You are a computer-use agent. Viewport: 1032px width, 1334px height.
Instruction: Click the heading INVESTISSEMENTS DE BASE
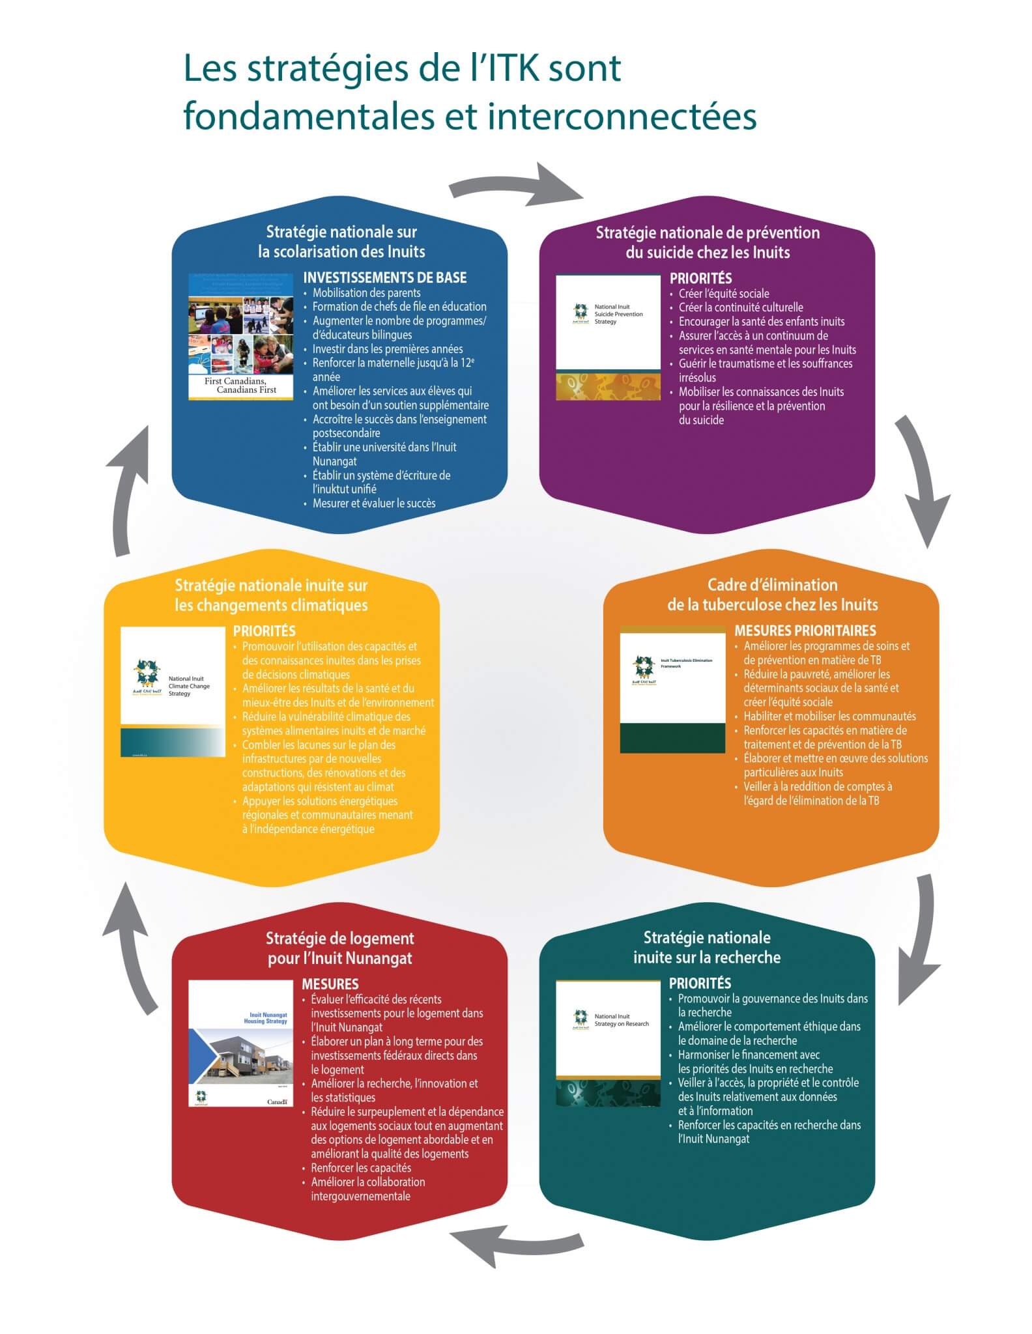click(x=384, y=277)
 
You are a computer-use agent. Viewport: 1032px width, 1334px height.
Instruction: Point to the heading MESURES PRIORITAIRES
click(x=805, y=631)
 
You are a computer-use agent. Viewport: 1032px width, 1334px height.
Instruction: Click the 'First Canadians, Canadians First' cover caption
click(x=240, y=385)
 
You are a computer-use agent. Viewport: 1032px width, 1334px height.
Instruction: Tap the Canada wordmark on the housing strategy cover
click(x=277, y=1101)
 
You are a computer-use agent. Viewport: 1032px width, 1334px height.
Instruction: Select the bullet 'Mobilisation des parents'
click(x=366, y=293)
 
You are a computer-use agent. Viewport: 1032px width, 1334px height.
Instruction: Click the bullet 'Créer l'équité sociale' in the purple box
click(x=723, y=294)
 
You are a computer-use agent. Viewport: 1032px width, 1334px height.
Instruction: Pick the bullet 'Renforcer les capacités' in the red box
click(x=360, y=1168)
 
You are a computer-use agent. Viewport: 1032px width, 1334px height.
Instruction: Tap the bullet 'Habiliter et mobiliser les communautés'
click(x=829, y=717)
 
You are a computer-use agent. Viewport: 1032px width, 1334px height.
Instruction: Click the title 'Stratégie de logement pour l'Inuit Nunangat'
click(x=339, y=948)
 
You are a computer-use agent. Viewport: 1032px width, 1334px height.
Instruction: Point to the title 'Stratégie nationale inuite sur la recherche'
click(x=707, y=947)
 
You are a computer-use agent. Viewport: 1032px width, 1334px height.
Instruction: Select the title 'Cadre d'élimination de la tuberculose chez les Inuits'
click(x=772, y=595)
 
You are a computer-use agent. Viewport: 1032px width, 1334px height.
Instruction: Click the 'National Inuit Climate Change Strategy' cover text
click(x=188, y=686)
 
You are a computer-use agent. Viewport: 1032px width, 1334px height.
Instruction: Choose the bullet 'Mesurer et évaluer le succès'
click(x=373, y=504)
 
